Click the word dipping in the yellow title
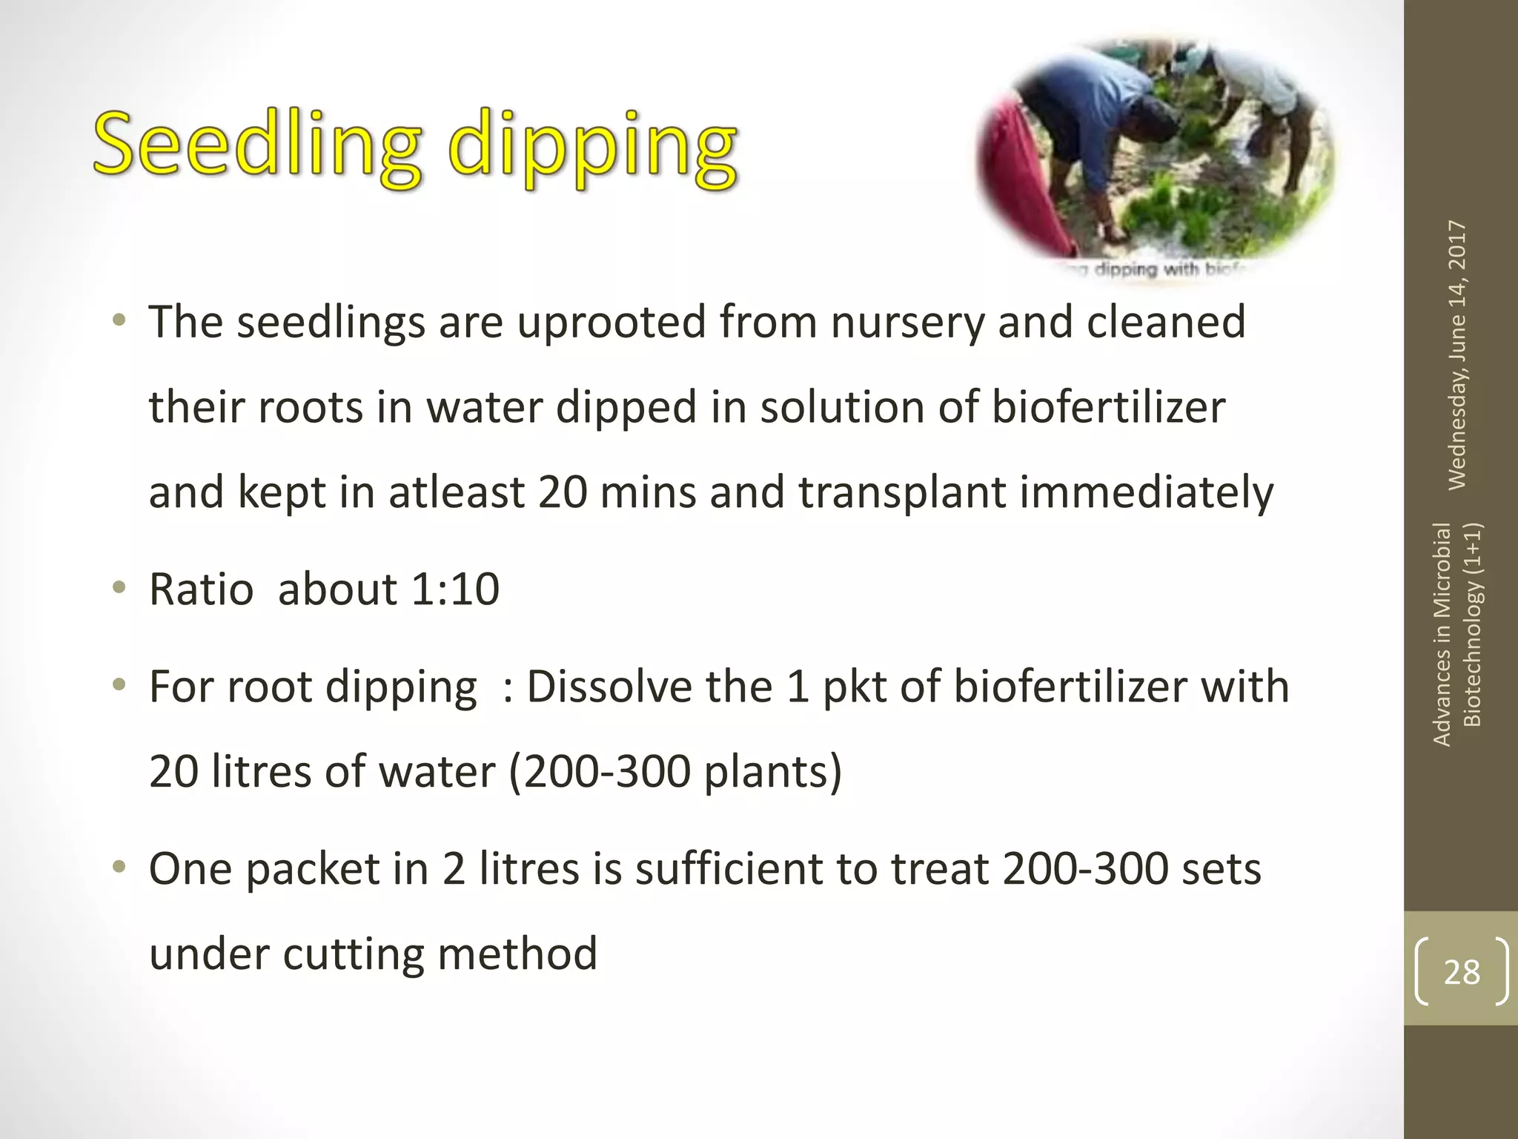[593, 148]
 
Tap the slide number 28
[1462, 971]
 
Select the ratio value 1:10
[455, 590]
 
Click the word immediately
[1147, 493]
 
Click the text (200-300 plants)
[675, 772]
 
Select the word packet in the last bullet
[312, 869]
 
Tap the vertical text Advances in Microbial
[1442, 634]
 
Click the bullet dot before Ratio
[119, 589]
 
